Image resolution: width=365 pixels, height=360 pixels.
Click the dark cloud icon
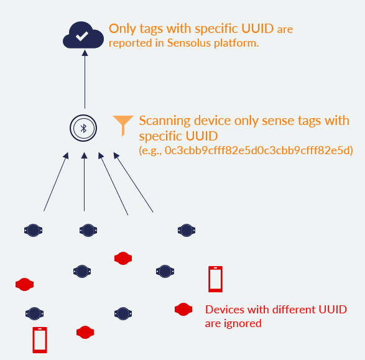pyautogui.click(x=83, y=35)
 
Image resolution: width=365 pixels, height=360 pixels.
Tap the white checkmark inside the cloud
pyautogui.click(x=81, y=36)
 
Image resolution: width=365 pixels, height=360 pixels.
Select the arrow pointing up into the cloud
pyautogui.click(x=85, y=79)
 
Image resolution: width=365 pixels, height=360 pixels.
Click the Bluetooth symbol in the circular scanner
pyautogui.click(x=83, y=128)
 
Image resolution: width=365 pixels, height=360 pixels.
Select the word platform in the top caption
pyautogui.click(x=236, y=44)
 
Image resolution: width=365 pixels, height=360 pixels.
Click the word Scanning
pyautogui.click(x=165, y=121)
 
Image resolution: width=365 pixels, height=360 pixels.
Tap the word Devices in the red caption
pyautogui.click(x=225, y=310)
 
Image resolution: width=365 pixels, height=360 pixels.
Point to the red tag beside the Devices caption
pyautogui.click(x=183, y=309)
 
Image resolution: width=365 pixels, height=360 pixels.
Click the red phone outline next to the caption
pyautogui.click(x=215, y=279)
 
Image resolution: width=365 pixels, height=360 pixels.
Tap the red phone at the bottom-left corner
pyautogui.click(x=40, y=340)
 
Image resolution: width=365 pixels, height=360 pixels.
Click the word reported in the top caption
pyautogui.click(x=131, y=44)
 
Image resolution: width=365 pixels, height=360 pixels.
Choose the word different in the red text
pyautogui.click(x=294, y=310)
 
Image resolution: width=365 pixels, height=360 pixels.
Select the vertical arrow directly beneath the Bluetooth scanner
pyautogui.click(x=85, y=182)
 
